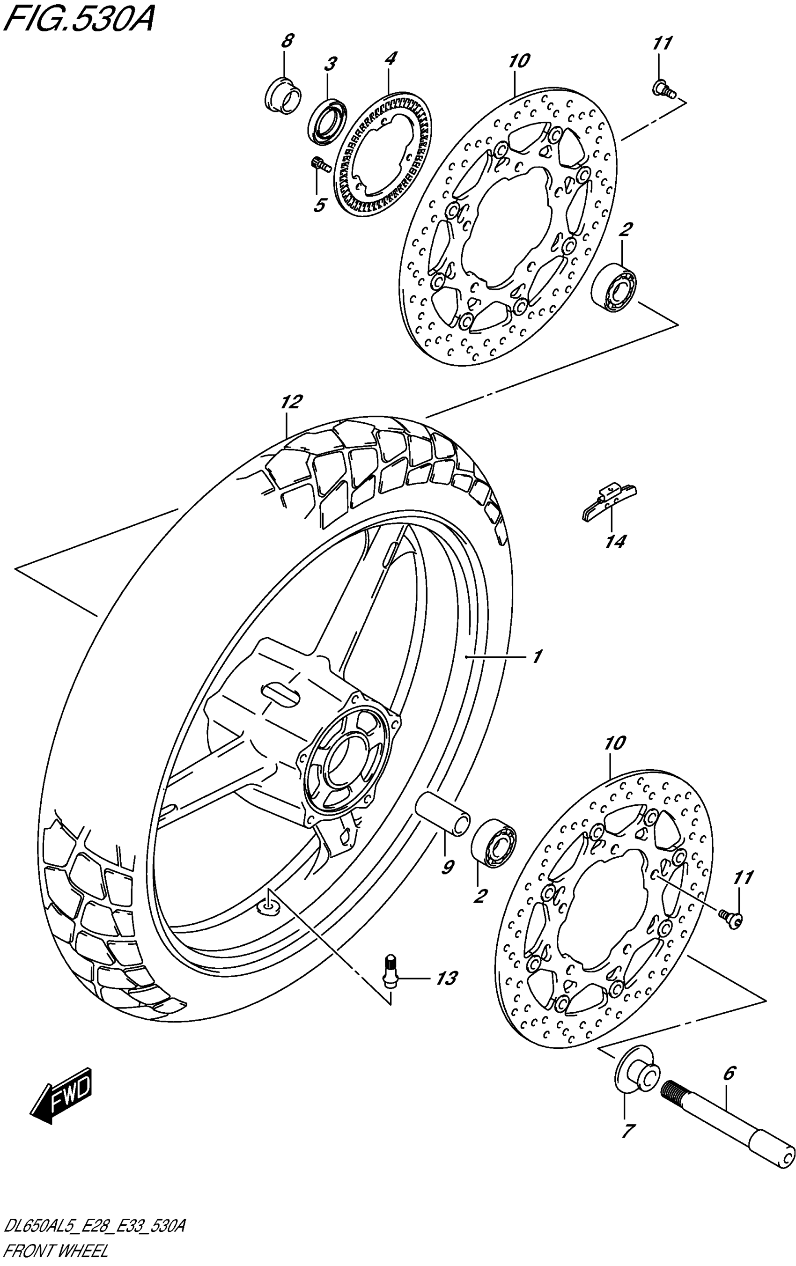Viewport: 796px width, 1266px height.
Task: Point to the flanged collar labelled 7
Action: (634, 1072)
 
